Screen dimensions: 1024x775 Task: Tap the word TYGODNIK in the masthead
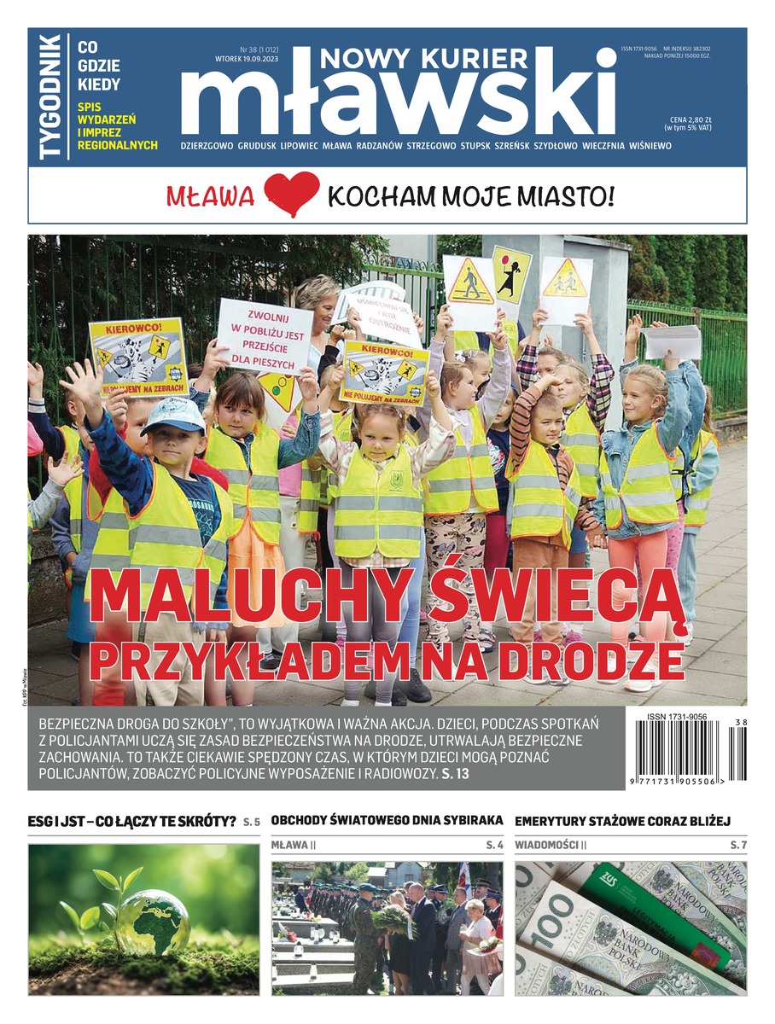50,96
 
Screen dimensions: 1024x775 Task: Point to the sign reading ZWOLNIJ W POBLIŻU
265,335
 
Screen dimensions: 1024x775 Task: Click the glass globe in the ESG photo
152,921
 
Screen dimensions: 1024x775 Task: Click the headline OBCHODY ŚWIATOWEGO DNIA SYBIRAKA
387,820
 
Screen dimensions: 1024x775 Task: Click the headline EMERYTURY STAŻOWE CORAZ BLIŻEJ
623,820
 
